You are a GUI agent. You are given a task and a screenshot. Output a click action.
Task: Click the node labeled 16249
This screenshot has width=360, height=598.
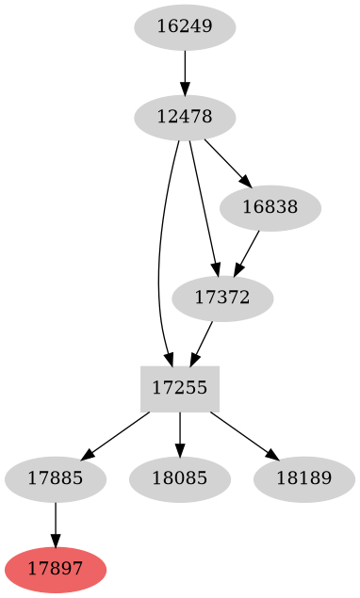click(x=185, y=26)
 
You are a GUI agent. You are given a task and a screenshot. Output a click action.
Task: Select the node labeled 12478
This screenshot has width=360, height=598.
click(x=185, y=118)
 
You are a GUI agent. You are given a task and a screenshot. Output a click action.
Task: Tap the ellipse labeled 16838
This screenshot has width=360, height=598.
click(x=270, y=208)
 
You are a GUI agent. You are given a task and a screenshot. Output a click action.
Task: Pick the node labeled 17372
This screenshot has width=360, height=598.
click(x=223, y=299)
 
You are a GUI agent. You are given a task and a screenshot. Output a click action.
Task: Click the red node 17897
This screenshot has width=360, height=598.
click(x=56, y=570)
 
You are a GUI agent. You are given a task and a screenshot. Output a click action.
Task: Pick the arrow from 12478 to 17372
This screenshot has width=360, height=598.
click(x=203, y=207)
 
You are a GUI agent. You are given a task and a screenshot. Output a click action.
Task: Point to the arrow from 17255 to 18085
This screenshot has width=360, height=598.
click(x=180, y=434)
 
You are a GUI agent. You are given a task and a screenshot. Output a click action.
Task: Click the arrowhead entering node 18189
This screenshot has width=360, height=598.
click(x=272, y=456)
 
